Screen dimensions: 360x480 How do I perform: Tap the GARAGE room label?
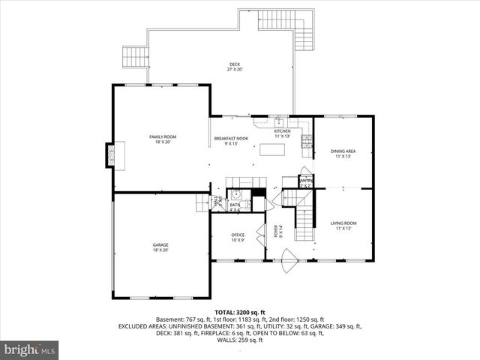coord(160,247)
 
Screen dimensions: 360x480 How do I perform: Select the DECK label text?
coord(235,66)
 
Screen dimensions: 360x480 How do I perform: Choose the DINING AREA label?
coord(343,154)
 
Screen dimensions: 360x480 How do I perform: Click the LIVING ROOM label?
coord(343,225)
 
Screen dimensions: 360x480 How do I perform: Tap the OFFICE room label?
coord(238,238)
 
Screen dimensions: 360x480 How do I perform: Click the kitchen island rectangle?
coord(273,149)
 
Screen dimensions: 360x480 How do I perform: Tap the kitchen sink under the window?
coord(277,122)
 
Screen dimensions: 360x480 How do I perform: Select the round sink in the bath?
coord(234,192)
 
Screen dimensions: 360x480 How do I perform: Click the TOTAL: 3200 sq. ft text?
coord(239,311)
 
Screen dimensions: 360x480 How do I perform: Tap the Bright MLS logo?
coord(30,349)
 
